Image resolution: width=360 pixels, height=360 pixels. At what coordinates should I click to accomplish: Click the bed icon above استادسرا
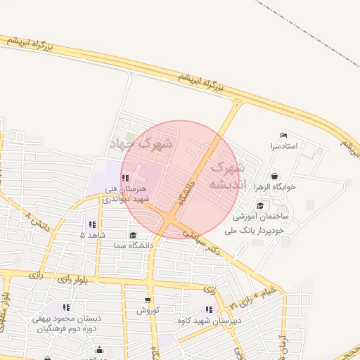click(284, 135)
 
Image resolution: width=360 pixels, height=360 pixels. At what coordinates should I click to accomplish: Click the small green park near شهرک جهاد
click(129, 136)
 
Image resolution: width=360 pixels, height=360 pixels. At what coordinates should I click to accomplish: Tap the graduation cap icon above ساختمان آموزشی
click(261, 205)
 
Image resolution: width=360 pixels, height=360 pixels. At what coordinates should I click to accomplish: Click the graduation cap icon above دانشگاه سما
click(133, 236)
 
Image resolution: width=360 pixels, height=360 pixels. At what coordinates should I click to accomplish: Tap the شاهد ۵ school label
click(92, 235)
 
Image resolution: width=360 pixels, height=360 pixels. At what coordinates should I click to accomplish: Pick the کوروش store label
click(148, 310)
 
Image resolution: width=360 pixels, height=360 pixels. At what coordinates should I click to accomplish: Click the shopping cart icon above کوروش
click(148, 300)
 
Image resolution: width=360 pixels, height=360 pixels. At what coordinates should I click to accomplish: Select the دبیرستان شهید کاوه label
click(209, 321)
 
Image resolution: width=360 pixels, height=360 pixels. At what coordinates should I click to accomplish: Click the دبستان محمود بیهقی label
click(67, 319)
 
